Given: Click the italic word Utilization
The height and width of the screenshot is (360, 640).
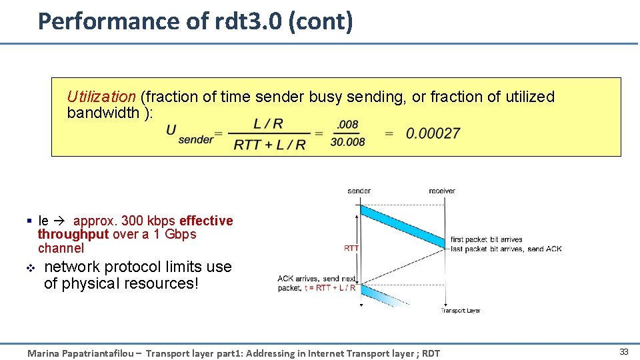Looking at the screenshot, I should pos(101,97).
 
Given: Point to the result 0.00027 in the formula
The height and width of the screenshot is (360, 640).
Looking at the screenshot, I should pos(433,133).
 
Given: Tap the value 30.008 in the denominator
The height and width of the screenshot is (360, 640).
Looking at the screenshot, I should pos(347,141).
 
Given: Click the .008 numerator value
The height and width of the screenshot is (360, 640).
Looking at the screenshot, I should pos(347,125).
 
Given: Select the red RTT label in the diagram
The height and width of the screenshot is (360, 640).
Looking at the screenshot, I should pos(351,248).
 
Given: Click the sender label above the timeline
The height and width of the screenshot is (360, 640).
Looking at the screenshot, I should pos(359,191).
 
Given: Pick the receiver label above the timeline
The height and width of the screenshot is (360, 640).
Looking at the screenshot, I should pos(442,191).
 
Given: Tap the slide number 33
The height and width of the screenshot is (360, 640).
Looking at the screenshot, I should pos(624,352).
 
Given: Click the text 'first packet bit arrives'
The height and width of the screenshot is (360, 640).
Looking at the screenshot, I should pos(487,239).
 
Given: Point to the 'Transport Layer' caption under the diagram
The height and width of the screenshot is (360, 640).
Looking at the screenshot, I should pos(461,311).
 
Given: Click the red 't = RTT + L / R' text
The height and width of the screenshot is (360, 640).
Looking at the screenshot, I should pos(329,288).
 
